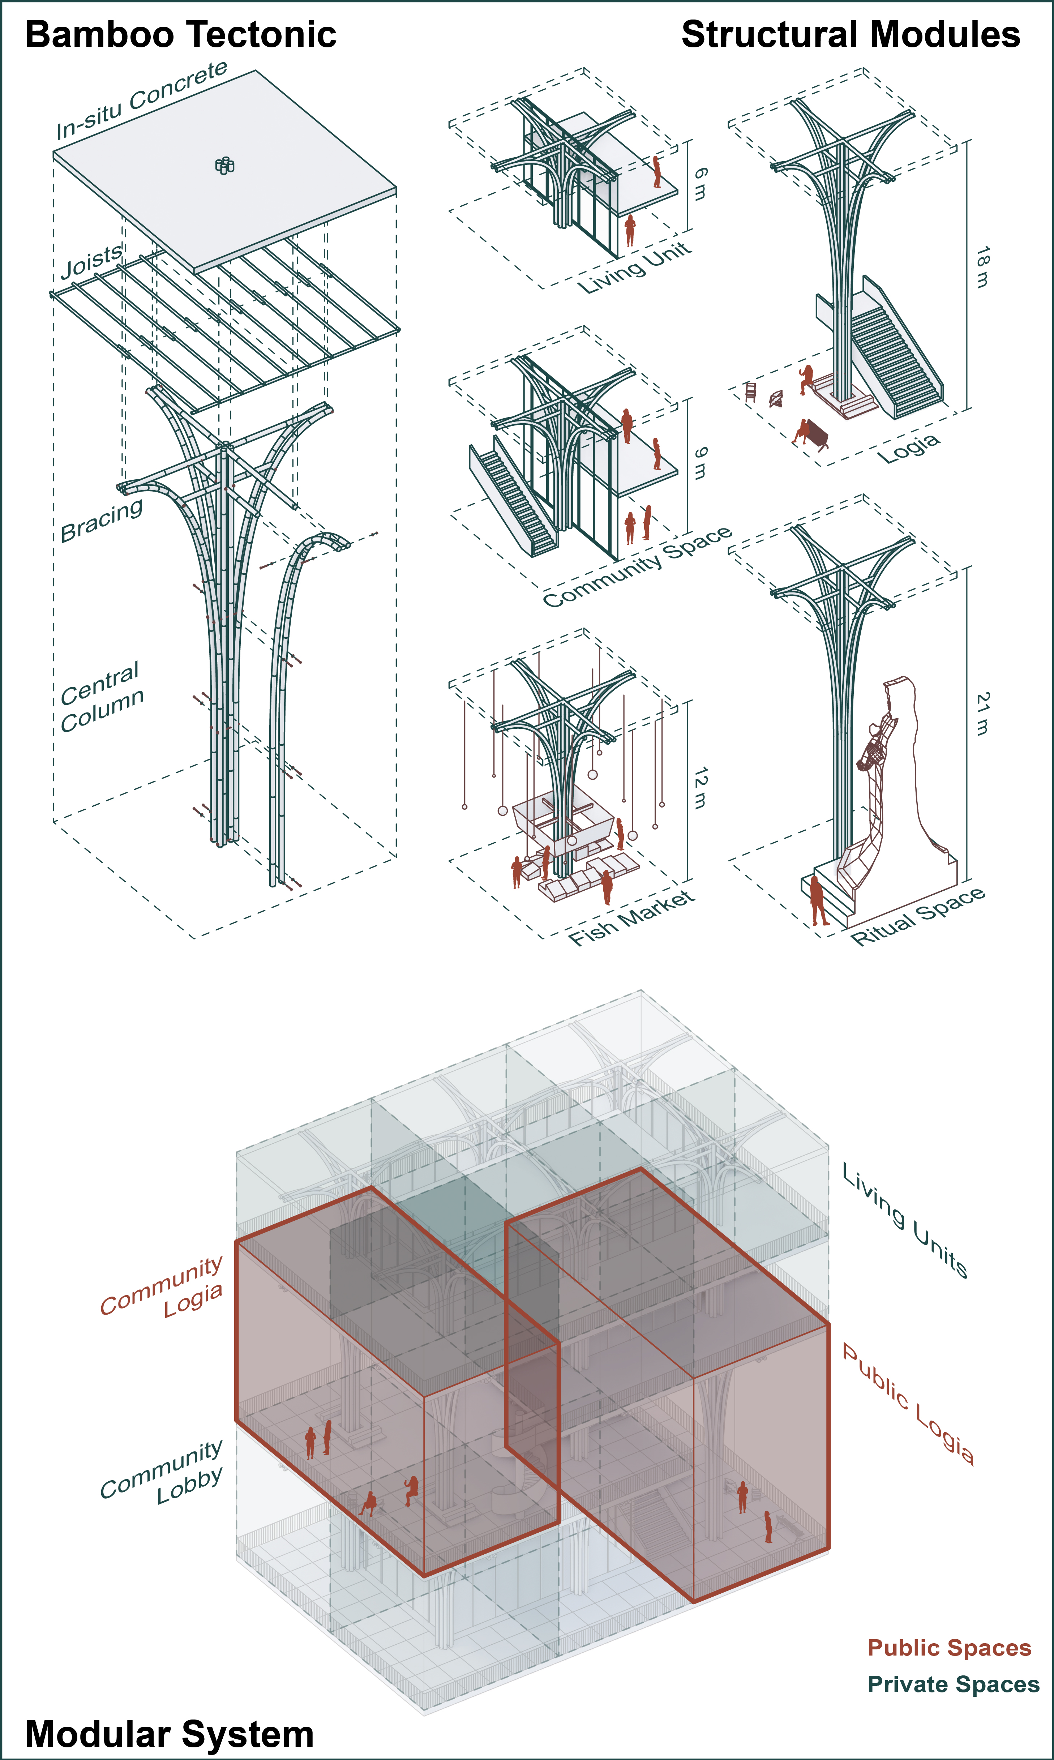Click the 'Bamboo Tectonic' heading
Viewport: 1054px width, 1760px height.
[180, 35]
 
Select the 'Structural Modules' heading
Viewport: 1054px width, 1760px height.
[850, 35]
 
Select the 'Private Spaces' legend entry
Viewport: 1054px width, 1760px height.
[953, 1684]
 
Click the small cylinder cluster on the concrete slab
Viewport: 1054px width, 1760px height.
[224, 166]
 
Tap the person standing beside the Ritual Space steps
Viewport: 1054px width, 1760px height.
[818, 900]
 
